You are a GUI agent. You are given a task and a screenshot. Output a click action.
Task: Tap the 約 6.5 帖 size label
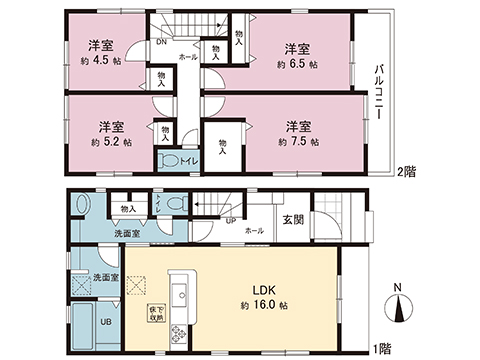(x=297, y=63)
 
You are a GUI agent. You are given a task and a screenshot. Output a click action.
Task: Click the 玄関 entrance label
(x=292, y=219)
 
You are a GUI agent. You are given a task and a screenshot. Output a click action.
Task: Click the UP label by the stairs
(x=230, y=221)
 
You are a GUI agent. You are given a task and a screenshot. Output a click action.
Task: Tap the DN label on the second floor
(x=162, y=43)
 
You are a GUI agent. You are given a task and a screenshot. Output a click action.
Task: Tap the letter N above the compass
(x=399, y=290)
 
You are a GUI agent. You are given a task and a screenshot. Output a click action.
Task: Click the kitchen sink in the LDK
(x=180, y=298)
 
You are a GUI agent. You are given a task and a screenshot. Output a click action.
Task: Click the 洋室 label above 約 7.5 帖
(x=297, y=126)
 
